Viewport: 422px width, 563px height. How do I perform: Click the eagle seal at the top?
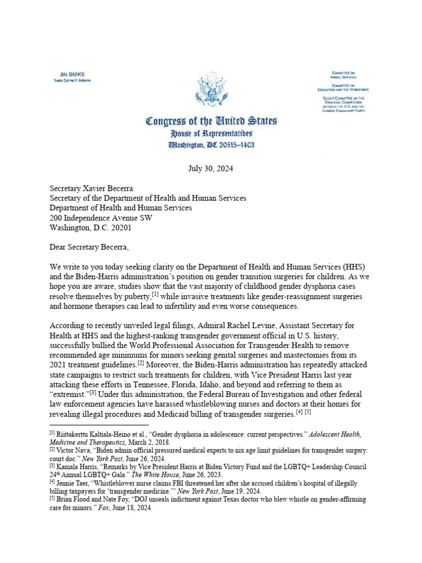211,91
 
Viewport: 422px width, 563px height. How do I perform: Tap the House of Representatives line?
212,134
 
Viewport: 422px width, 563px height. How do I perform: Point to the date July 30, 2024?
211,169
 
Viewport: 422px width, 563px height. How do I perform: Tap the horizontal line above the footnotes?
99,424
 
